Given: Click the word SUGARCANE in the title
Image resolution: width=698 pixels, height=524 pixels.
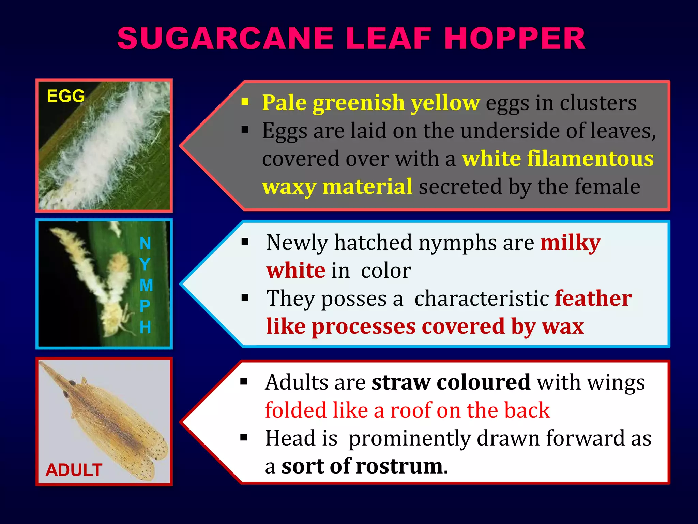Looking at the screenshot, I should coord(225,38).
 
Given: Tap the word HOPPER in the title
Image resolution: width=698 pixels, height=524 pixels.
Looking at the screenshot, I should coord(515,38).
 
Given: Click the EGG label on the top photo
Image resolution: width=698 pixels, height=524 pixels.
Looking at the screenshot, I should coord(66,96).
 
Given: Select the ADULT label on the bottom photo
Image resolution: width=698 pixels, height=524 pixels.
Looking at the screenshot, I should coord(74,470).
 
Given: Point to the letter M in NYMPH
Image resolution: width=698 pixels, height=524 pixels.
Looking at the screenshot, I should coord(146,285).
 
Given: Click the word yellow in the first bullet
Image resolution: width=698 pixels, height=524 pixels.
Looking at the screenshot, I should coord(445,102).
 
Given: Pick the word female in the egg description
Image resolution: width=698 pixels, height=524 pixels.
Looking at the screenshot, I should coord(607,187).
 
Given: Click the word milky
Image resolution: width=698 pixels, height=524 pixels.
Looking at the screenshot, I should coord(571,243).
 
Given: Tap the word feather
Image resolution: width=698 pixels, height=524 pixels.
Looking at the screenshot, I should coord(593,299).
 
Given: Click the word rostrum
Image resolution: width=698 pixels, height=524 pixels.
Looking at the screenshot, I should coord(399,466).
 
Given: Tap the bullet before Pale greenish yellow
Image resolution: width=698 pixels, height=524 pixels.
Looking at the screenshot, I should coord(245,102).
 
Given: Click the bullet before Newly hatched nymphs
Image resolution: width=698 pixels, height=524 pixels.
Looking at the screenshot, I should coord(245,242).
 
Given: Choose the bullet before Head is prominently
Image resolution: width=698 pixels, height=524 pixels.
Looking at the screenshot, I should coord(244,437).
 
